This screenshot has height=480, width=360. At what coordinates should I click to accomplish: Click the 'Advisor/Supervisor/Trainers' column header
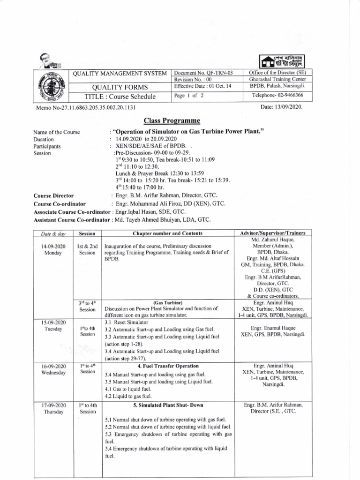(272, 233)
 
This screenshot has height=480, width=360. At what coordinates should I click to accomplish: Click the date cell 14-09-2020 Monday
(50, 249)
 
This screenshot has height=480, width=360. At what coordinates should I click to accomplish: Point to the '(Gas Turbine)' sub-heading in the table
(167, 302)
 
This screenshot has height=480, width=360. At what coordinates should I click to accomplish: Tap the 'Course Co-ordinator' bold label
(60, 204)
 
